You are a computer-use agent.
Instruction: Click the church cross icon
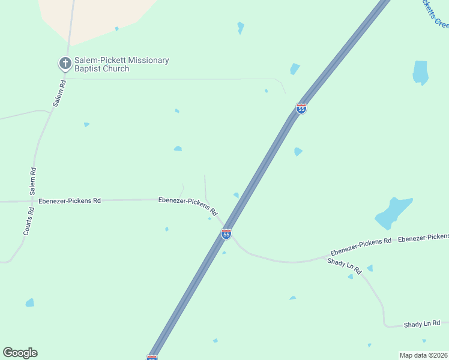click(x=64, y=63)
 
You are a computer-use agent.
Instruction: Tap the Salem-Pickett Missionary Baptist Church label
click(x=121, y=64)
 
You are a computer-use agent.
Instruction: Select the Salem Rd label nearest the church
click(x=58, y=94)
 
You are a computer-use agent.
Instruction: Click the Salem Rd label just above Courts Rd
click(x=34, y=180)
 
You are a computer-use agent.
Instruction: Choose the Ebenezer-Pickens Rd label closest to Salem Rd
click(x=69, y=201)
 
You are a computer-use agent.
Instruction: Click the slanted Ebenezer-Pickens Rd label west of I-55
click(x=187, y=206)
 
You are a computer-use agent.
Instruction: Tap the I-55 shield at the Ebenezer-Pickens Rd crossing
click(x=226, y=234)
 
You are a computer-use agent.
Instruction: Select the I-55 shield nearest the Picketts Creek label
click(x=301, y=109)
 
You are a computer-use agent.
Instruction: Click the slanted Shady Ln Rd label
click(x=345, y=266)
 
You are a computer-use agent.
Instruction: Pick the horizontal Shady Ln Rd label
click(x=422, y=324)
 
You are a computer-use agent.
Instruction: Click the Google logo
click(x=20, y=353)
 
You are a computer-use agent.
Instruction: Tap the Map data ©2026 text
click(x=423, y=355)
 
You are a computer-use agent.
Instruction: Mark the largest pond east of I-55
click(x=393, y=212)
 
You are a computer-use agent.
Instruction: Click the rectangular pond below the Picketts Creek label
click(x=420, y=73)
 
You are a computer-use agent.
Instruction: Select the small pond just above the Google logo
click(x=29, y=303)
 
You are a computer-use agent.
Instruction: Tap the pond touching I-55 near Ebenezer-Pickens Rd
click(x=237, y=195)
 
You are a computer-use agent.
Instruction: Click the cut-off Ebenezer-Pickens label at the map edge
click(x=423, y=238)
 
